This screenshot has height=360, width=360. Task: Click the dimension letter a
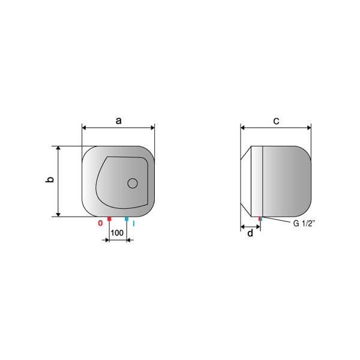pyautogui.click(x=118, y=121)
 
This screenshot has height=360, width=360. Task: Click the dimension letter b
pyautogui.click(x=50, y=179)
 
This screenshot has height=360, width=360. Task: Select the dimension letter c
pyautogui.click(x=276, y=121)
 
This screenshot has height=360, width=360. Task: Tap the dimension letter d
pyautogui.click(x=250, y=233)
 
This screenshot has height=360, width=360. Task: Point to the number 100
pyautogui.click(x=117, y=233)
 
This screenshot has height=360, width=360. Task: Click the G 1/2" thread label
pyautogui.click(x=304, y=223)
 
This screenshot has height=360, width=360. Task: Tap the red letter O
pyautogui.click(x=100, y=223)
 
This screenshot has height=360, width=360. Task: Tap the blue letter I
pyautogui.click(x=134, y=223)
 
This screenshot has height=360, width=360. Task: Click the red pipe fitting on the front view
pyautogui.click(x=109, y=219)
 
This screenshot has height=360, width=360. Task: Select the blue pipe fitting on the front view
pyautogui.click(x=127, y=219)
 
